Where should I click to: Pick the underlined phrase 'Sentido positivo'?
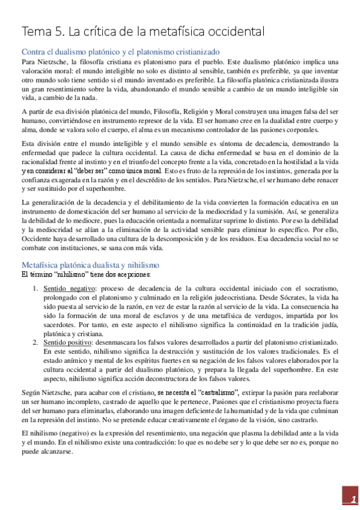coord(67,342)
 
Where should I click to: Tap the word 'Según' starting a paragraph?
coord(31,392)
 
